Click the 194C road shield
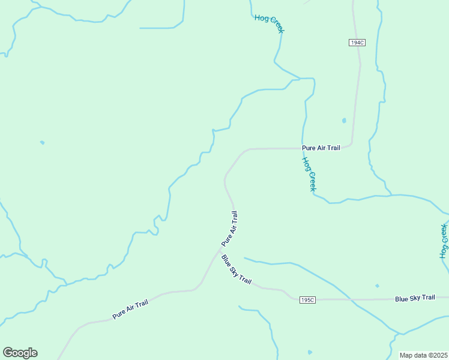[x=356, y=43]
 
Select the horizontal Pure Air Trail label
[x=321, y=148]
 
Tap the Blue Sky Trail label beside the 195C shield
[x=414, y=298]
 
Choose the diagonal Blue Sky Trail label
[x=236, y=270]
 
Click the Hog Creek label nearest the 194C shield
[x=269, y=24]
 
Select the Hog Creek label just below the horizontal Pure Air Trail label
[x=309, y=174]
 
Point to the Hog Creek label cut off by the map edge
[x=444, y=241]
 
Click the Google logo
[x=20, y=353]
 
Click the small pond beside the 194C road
[x=344, y=121]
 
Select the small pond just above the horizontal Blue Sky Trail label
[x=377, y=286]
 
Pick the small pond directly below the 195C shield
[x=310, y=352]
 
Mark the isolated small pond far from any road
[x=42, y=142]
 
